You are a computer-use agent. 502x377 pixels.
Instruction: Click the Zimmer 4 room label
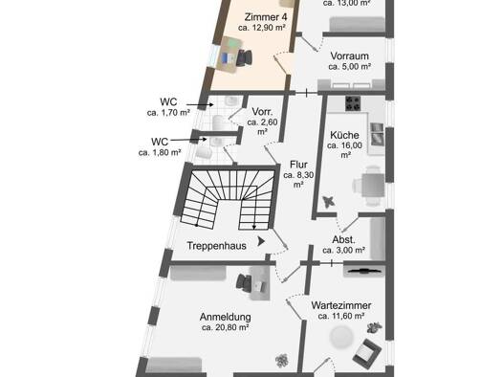(x=266, y=16)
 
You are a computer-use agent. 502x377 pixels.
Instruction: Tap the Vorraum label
(x=349, y=56)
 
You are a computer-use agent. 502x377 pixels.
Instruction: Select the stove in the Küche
(x=353, y=103)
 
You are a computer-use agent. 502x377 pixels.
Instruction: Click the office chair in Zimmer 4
(x=244, y=57)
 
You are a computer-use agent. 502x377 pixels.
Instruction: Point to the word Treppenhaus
(x=216, y=246)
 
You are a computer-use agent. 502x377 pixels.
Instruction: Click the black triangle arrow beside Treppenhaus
(x=261, y=241)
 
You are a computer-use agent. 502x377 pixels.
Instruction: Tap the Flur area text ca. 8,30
(x=298, y=175)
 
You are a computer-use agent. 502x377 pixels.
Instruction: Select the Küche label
(x=344, y=135)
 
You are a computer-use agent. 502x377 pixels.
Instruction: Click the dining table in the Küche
(x=373, y=185)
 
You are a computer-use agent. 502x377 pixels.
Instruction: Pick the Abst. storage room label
(x=343, y=239)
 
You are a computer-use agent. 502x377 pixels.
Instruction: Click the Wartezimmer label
(x=341, y=305)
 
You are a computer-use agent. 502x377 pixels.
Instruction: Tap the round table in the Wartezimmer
(x=341, y=338)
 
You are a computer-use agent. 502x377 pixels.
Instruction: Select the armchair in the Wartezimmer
(x=367, y=353)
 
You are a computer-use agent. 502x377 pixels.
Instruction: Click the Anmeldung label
(x=226, y=317)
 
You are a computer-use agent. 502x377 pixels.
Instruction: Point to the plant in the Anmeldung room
(x=282, y=361)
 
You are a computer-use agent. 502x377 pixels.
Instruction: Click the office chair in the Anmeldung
(x=244, y=283)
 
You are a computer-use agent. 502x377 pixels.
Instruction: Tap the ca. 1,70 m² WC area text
(x=168, y=113)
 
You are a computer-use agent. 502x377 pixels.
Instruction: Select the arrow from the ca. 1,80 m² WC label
(x=188, y=140)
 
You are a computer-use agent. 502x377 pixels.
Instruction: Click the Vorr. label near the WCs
(x=262, y=112)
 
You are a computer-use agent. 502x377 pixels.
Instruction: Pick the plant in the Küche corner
(x=329, y=202)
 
